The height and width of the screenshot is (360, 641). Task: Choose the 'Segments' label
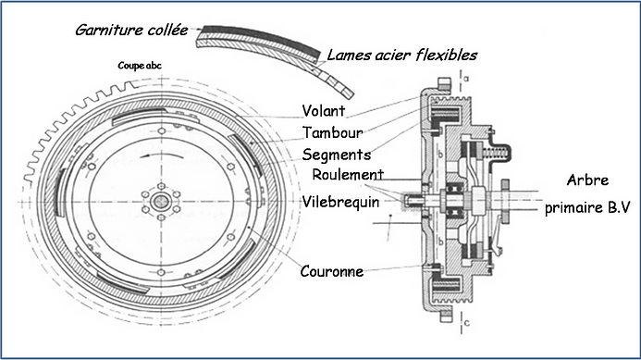tap(338, 154)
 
